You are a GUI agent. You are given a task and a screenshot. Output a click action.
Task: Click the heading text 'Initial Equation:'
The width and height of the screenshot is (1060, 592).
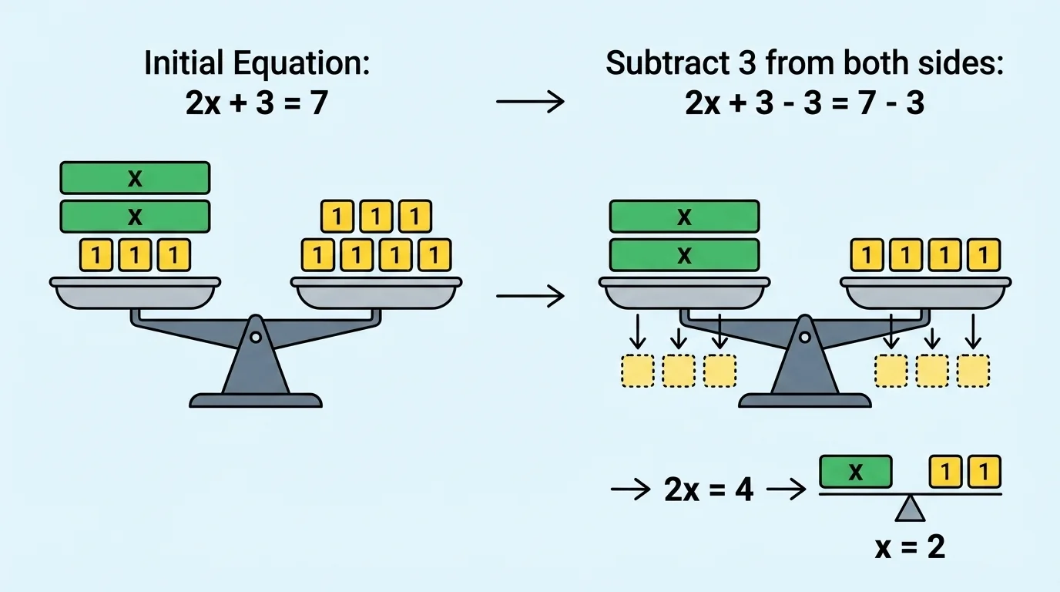pos(257,64)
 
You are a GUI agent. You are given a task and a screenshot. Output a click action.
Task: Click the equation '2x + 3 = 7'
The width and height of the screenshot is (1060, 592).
pos(257,103)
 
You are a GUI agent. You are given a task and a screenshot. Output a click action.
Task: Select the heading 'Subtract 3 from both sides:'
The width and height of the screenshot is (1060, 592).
pos(805,64)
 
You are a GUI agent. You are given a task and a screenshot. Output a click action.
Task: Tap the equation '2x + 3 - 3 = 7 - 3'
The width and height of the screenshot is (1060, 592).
pos(805,103)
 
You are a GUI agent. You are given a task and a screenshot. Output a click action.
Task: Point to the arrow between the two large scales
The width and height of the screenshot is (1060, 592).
pos(530,296)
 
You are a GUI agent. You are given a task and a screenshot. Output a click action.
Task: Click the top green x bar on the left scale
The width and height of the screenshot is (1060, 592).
pos(135,178)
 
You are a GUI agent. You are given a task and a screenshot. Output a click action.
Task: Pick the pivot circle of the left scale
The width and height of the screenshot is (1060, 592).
pos(256,336)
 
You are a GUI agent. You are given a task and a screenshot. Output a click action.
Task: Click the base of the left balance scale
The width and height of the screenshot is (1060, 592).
pos(256,400)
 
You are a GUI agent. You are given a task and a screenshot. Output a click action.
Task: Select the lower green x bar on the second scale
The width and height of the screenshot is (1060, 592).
pos(684,254)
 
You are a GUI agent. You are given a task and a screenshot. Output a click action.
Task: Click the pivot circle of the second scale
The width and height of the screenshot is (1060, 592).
pos(804,337)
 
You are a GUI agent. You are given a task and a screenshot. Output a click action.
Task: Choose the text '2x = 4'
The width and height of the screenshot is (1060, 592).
pos(708,489)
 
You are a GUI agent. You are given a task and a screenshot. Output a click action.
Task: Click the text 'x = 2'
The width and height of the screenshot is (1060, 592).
pos(910,547)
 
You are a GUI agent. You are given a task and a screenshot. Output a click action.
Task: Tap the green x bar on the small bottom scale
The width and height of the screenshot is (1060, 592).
pos(855,472)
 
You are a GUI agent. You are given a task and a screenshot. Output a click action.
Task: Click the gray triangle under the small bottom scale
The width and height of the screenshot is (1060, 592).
pos(911,510)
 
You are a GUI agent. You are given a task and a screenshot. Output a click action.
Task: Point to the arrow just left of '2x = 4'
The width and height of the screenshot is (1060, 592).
pos(630,490)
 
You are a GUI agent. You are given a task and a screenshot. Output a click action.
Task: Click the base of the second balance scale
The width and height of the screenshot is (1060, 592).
pos(804,400)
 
